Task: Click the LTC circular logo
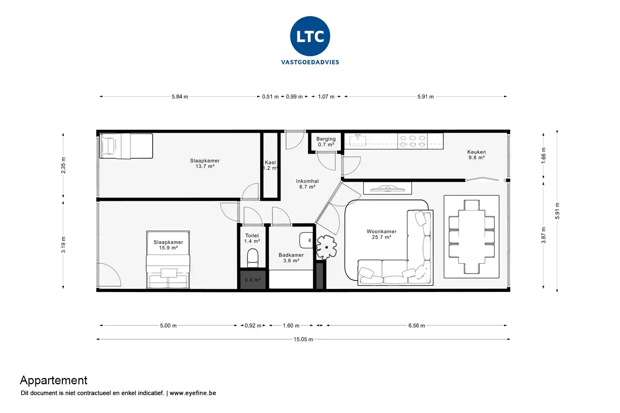click(x=310, y=36)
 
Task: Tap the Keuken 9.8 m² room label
click(x=476, y=155)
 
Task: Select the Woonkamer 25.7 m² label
click(x=381, y=234)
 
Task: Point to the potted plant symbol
click(x=326, y=247)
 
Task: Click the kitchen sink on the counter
click(x=358, y=140)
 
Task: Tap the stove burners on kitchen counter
click(x=412, y=141)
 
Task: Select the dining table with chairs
click(x=471, y=237)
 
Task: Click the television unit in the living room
click(x=387, y=188)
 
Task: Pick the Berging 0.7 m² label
click(x=326, y=142)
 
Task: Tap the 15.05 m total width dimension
click(x=303, y=339)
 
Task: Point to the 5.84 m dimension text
click(x=180, y=97)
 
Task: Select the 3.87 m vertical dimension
click(x=544, y=235)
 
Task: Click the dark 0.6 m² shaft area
click(x=253, y=280)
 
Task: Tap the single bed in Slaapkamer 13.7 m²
click(x=126, y=146)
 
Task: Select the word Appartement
click(x=54, y=380)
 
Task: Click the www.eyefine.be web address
click(x=193, y=393)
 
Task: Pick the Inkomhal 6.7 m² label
click(x=307, y=184)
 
